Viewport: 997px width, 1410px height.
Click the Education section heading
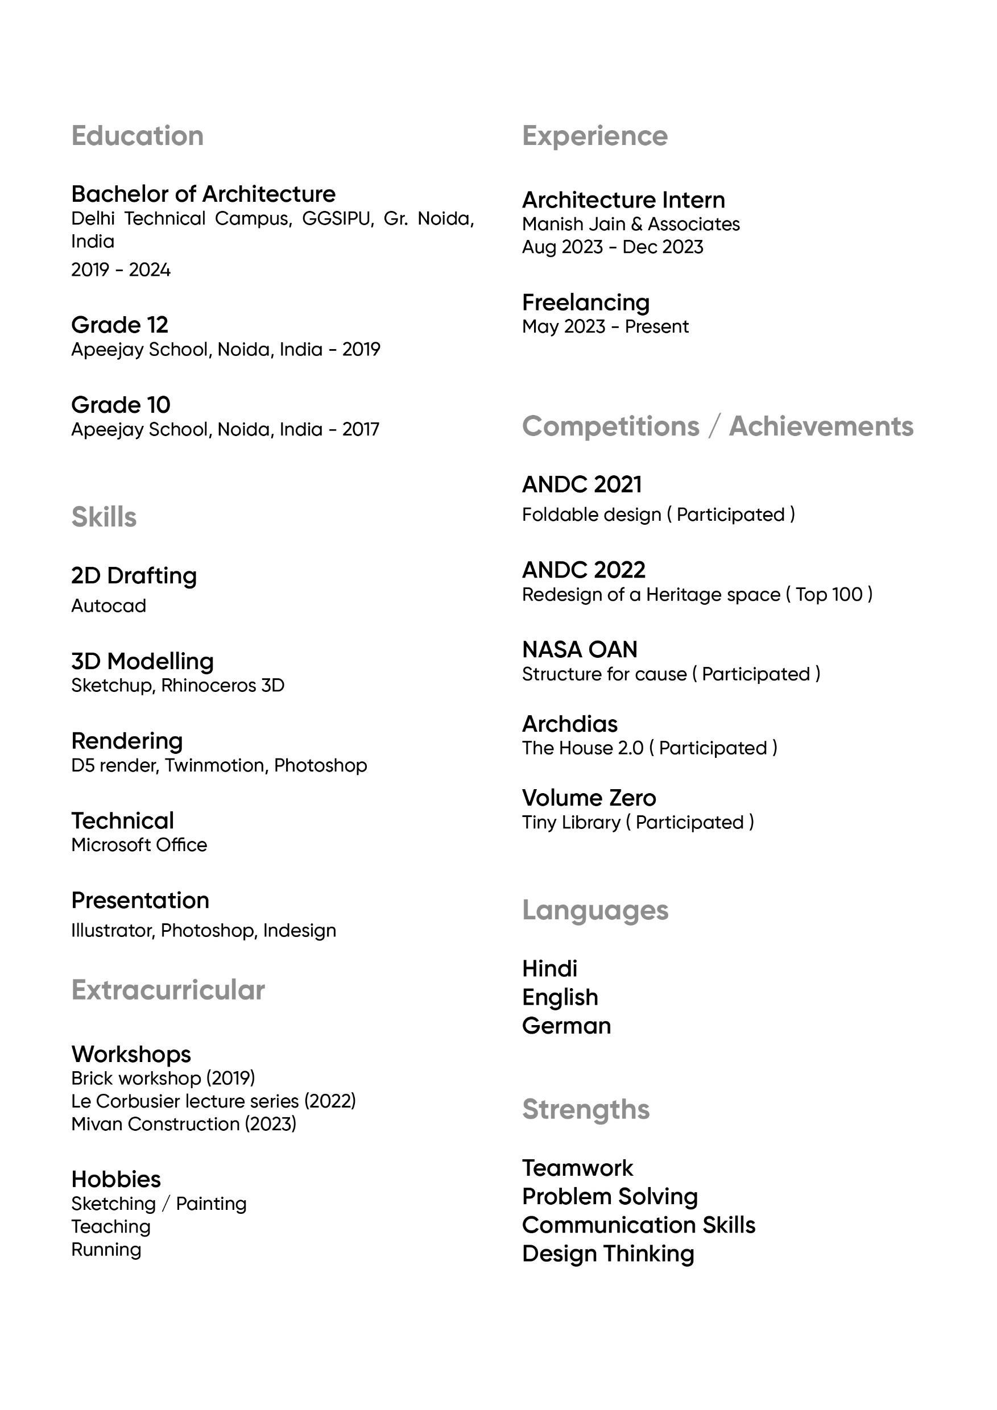tap(137, 136)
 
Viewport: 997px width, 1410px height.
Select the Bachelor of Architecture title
tap(204, 194)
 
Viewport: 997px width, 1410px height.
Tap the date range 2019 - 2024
tap(121, 269)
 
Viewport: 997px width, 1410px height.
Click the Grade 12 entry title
tap(119, 324)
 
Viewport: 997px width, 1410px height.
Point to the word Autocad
tap(108, 606)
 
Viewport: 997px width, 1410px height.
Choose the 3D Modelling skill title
tap(142, 661)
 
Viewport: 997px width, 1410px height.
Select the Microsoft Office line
tap(139, 845)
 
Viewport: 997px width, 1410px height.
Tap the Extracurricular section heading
tap(168, 990)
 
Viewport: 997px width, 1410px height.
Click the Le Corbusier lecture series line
tap(213, 1101)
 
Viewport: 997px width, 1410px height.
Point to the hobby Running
tap(106, 1250)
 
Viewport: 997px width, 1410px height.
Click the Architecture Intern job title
tap(623, 200)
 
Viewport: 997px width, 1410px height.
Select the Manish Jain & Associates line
tap(630, 224)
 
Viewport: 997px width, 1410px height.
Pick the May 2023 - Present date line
tap(605, 327)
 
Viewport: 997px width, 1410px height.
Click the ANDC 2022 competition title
tap(583, 570)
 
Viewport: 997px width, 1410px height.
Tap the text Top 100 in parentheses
tap(828, 595)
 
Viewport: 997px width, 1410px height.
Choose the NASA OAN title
tap(580, 650)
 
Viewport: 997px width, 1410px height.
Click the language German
tap(566, 1026)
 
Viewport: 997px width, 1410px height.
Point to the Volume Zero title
tap(589, 798)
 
